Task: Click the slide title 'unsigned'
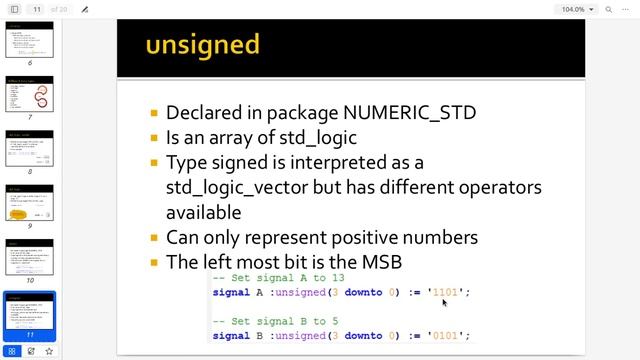pyautogui.click(x=202, y=45)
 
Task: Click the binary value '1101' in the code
pyautogui.click(x=445, y=292)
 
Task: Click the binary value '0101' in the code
pyautogui.click(x=445, y=335)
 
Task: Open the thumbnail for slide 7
pyautogui.click(x=30, y=95)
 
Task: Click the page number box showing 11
pyautogui.click(x=37, y=9)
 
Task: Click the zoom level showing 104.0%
pyautogui.click(x=573, y=9)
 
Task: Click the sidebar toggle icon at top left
pyautogui.click(x=14, y=9)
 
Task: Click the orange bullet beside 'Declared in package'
pyautogui.click(x=153, y=114)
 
